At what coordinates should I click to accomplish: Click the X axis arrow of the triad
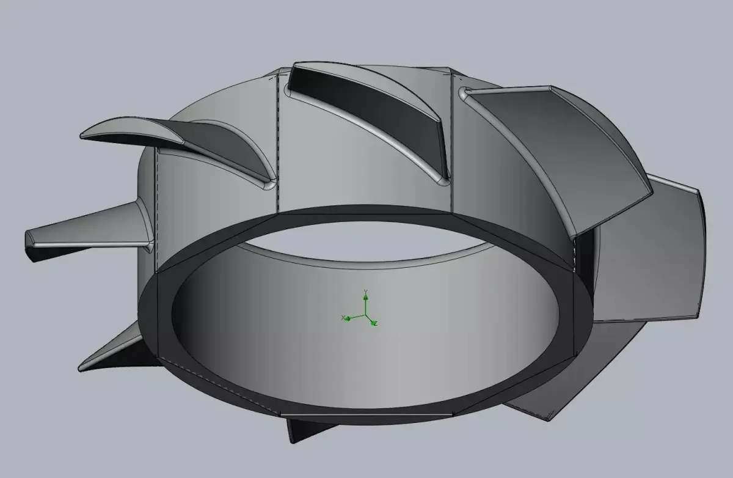(346, 318)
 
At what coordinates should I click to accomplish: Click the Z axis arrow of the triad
(374, 323)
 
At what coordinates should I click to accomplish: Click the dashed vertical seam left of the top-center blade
(279, 141)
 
